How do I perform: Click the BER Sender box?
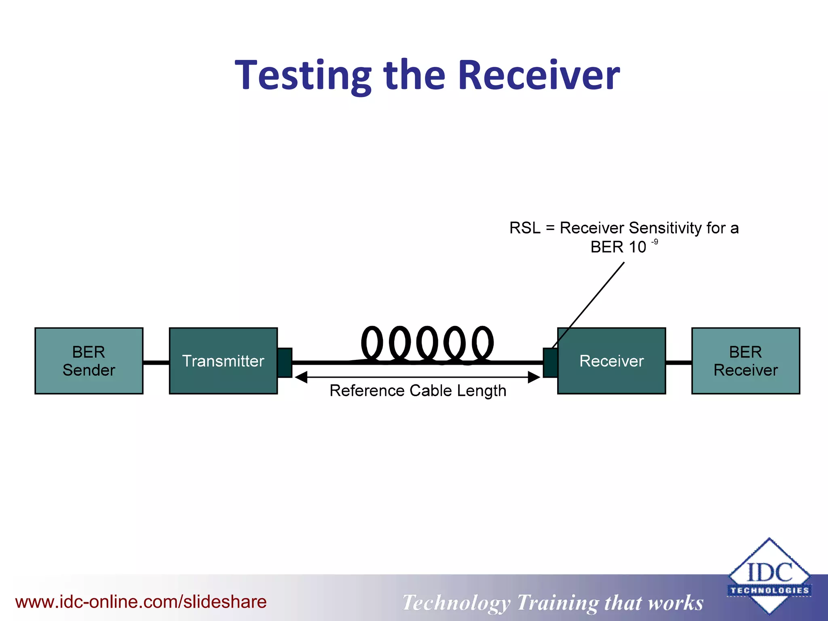coord(89,361)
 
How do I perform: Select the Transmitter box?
coord(223,361)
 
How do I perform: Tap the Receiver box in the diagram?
coord(611,361)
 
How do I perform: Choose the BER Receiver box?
coord(746,361)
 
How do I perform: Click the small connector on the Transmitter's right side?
coord(285,363)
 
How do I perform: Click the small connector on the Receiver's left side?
coord(550,363)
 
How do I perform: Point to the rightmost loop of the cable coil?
coord(483,343)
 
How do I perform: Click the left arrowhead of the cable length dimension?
coord(301,378)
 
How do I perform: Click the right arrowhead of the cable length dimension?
coord(534,378)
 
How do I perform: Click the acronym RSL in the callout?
coord(524,228)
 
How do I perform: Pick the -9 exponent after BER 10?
coord(654,242)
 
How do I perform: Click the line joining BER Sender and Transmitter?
coord(156,363)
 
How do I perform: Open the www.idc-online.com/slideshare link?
coord(141,602)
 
